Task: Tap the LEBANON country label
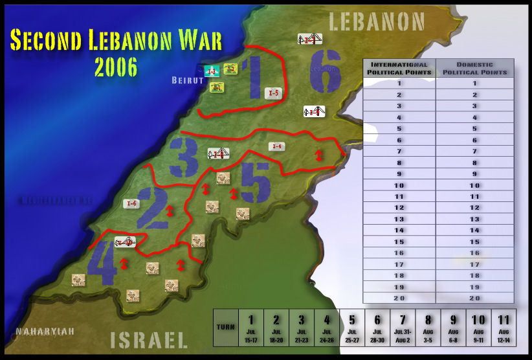click(x=377, y=22)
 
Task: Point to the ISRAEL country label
click(x=149, y=339)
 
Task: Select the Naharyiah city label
click(x=45, y=331)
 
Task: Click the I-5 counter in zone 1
click(x=274, y=93)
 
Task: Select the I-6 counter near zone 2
click(x=132, y=203)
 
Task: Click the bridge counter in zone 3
click(x=219, y=153)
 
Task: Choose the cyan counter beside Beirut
click(x=210, y=71)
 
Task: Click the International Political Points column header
click(x=399, y=68)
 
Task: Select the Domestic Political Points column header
click(x=475, y=68)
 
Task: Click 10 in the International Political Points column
click(x=399, y=186)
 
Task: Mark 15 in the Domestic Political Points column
click(x=475, y=241)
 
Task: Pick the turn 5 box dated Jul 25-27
click(x=351, y=328)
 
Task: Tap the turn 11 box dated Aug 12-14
click(x=502, y=328)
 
